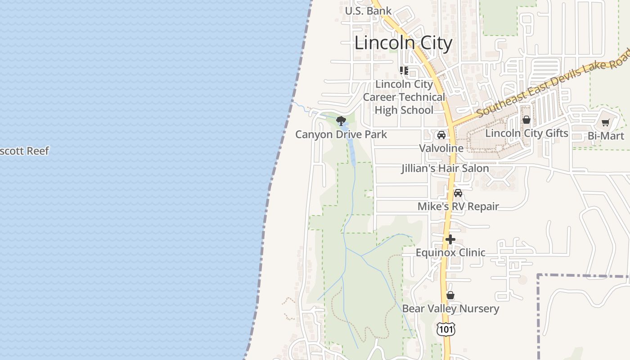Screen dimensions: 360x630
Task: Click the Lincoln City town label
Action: pyautogui.click(x=403, y=43)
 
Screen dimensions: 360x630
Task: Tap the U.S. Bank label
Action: pyautogui.click(x=368, y=11)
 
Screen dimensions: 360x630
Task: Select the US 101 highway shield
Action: pyautogui.click(x=446, y=329)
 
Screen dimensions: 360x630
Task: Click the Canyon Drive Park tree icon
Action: pyautogui.click(x=341, y=121)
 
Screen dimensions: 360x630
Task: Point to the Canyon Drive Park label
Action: pyautogui.click(x=341, y=134)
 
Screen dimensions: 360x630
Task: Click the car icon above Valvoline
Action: pyautogui.click(x=441, y=135)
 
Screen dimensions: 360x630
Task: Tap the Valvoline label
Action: pyautogui.click(x=441, y=148)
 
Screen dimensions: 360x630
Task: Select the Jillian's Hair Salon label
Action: pyautogui.click(x=445, y=168)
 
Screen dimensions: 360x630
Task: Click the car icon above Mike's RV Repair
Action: pyautogui.click(x=458, y=193)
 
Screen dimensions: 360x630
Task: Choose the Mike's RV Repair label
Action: pyautogui.click(x=458, y=206)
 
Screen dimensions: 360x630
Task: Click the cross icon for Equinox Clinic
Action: pyautogui.click(x=450, y=239)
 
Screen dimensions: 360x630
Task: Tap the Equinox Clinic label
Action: pyautogui.click(x=450, y=252)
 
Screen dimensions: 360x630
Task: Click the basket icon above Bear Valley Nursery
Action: pyautogui.click(x=450, y=296)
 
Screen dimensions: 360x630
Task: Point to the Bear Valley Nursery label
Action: pyautogui.click(x=450, y=309)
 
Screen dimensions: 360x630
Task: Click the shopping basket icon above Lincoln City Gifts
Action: pyautogui.click(x=526, y=120)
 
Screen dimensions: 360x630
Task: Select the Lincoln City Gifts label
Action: pyautogui.click(x=526, y=133)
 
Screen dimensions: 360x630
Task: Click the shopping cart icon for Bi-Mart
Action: pyautogui.click(x=606, y=122)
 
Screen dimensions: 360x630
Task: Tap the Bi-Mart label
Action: pyautogui.click(x=606, y=136)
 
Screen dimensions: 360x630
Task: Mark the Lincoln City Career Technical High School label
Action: pyautogui.click(x=404, y=97)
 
